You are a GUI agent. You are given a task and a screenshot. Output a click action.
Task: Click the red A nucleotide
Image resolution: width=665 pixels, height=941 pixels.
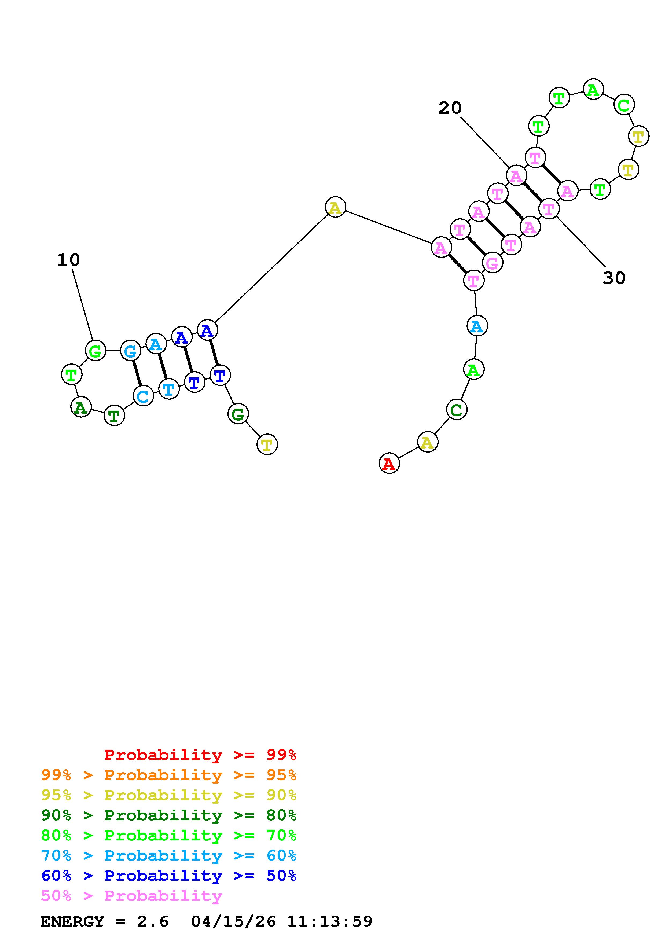click(x=389, y=464)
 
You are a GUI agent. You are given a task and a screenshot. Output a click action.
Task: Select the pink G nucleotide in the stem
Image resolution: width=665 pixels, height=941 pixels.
click(x=492, y=263)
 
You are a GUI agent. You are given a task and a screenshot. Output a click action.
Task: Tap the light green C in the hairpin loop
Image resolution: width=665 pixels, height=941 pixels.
click(x=624, y=105)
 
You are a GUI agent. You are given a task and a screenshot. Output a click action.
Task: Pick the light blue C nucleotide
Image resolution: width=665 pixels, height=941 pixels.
click(x=143, y=396)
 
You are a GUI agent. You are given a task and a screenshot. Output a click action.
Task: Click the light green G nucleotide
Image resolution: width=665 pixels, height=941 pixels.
click(x=95, y=351)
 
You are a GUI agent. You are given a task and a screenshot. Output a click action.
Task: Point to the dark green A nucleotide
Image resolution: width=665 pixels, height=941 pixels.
click(x=81, y=407)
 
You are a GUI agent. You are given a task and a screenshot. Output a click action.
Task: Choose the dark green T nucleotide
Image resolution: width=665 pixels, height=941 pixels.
click(x=114, y=416)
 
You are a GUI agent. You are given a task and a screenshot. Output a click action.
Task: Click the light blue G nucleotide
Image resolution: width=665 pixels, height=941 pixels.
click(x=130, y=351)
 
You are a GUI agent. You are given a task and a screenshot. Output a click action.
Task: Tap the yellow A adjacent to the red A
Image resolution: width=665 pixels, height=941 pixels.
click(x=427, y=442)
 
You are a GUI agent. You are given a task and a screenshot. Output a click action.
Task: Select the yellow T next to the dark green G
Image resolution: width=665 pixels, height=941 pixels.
click(x=267, y=444)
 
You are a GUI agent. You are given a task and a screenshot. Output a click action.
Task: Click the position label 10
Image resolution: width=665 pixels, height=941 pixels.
click(x=68, y=260)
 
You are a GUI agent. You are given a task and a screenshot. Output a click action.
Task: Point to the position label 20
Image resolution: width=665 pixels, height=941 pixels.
click(x=450, y=108)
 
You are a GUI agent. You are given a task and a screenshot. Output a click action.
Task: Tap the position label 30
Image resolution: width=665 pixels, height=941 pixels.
click(x=614, y=278)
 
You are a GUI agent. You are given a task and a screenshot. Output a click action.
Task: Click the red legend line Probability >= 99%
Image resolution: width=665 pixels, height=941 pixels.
click(x=200, y=755)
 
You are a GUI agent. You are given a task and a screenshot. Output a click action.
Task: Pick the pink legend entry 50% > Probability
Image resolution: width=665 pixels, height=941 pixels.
click(x=131, y=896)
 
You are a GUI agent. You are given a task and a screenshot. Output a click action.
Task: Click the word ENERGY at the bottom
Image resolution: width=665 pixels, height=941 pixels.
click(x=72, y=921)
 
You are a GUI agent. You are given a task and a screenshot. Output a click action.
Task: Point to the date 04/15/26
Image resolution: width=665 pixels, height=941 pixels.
click(x=233, y=921)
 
